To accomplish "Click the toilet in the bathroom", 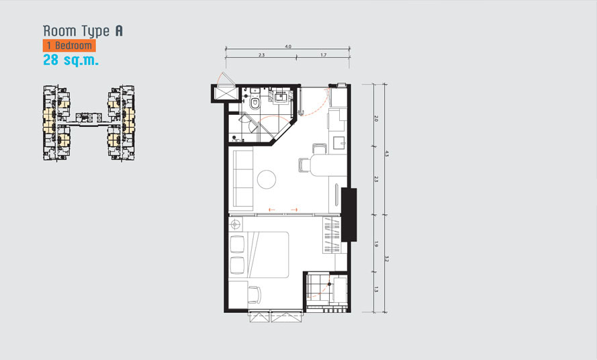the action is coord(255,103).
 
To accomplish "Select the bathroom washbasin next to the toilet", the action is coord(281,97).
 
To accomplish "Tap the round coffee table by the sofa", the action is coord(267,179).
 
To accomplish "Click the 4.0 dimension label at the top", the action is coord(288,46).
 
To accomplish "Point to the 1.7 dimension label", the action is coord(323,55).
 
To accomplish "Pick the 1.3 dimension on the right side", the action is coord(376,289).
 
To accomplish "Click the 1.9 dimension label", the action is coord(376,244).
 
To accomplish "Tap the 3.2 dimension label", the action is coord(386,259).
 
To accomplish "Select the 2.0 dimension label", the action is coord(376,118).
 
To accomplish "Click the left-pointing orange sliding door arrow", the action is coord(272,210).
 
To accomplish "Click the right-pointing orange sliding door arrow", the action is coord(294,210).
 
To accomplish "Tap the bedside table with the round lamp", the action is coord(235,224).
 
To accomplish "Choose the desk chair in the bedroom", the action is coord(255,294).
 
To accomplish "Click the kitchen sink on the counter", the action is coord(340,143).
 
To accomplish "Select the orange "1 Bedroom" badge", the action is coord(69,45).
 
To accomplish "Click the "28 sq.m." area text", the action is coord(71,60).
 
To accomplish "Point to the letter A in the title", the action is coord(119,31).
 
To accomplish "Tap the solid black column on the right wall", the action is coord(349,214).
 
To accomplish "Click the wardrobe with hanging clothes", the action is coord(332,235).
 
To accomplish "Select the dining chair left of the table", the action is coord(304,166).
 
